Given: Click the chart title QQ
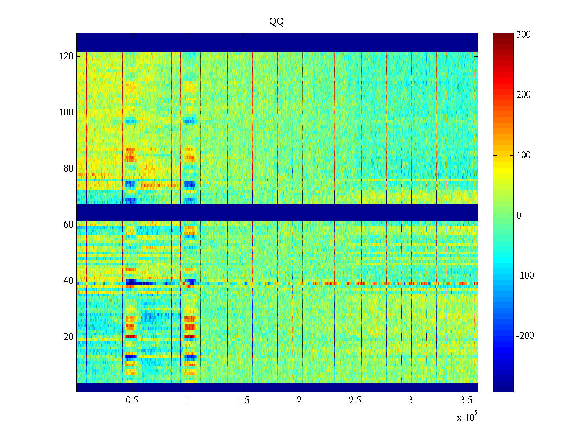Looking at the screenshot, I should point(277,22).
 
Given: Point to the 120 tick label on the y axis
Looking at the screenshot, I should point(66,56).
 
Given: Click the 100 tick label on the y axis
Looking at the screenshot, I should point(66,113).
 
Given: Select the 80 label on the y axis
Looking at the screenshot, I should point(68,169).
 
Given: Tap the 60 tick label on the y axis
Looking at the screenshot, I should point(68,225).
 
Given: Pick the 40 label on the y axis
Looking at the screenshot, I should point(68,281).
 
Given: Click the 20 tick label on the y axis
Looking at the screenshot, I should point(68,337).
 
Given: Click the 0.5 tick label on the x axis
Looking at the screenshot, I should point(132,400).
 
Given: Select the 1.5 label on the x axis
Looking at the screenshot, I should point(244,400).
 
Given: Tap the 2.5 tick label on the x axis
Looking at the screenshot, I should point(355,400).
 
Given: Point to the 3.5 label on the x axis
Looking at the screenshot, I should point(466,400).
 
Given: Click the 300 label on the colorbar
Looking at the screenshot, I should point(523,35).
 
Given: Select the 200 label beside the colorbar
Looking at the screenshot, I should point(523,95).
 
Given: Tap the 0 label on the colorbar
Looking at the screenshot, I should point(519,216).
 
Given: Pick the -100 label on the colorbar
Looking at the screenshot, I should point(525,276).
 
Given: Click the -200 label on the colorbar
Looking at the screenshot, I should point(525,336).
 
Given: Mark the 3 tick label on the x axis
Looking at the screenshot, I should point(411,400).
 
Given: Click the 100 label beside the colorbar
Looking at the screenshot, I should point(523,155).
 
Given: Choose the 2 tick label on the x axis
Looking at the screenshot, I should point(299,400).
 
